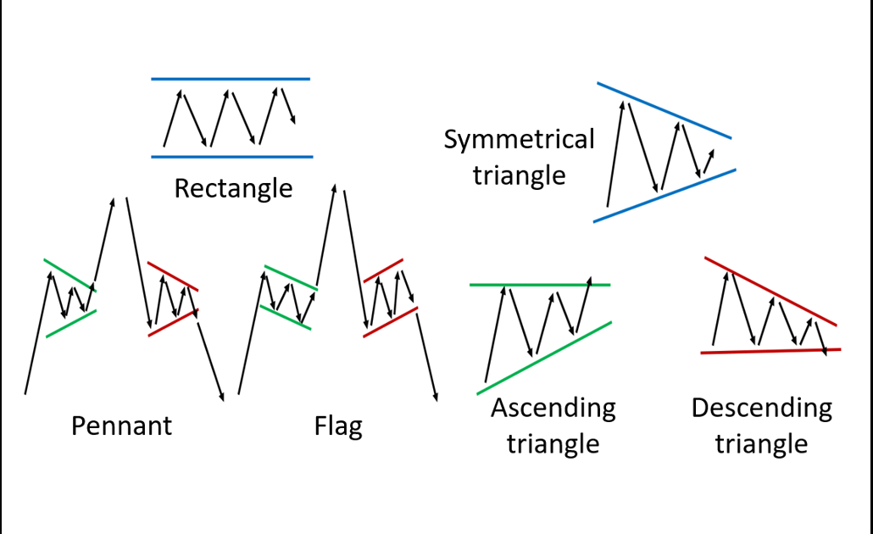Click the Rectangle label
point(233,187)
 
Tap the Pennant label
point(121,424)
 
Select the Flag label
point(338,426)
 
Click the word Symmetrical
point(519,140)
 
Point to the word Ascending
point(553,408)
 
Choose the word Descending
point(761,408)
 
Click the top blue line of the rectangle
point(231,79)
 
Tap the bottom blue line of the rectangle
point(231,157)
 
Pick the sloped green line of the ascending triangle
point(543,359)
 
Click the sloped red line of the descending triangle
point(770,290)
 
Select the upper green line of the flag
point(290,278)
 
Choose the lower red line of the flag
point(390,322)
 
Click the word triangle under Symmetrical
point(519,175)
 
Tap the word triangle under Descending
point(761,443)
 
